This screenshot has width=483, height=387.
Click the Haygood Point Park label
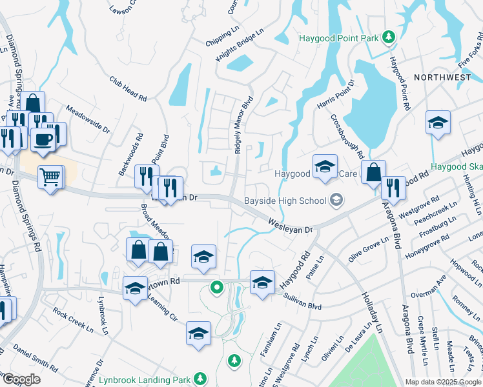tap(338, 38)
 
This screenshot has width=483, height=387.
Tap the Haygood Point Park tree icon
tap(389, 38)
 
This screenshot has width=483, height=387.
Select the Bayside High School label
tap(285, 201)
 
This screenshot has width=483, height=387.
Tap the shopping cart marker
tap(51, 175)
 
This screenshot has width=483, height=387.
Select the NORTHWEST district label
tap(442, 77)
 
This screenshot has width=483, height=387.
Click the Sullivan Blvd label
tap(302, 301)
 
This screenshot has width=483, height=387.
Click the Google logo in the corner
tap(21, 379)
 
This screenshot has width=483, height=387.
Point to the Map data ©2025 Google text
tap(443, 382)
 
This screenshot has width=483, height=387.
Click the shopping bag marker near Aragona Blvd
tap(373, 173)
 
